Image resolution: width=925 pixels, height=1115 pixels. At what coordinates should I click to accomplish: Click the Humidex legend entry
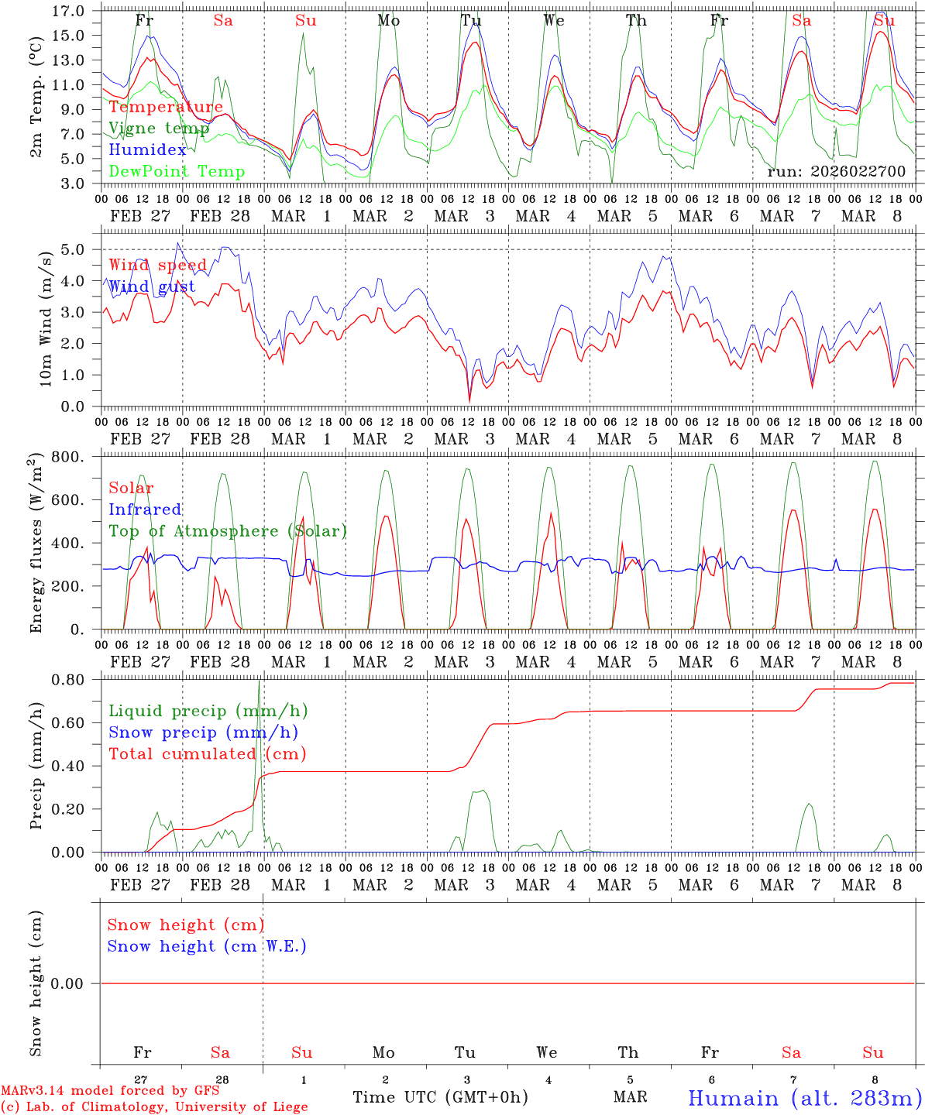pos(147,150)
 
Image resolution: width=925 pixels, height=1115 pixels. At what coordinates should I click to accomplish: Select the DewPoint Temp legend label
pos(177,172)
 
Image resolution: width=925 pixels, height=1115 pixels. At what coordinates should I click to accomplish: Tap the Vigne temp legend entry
pos(159,129)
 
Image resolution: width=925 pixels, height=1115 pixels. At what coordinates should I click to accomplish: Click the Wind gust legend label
pos(152,287)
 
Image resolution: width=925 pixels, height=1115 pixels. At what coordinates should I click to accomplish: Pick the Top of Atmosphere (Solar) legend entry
pos(228,531)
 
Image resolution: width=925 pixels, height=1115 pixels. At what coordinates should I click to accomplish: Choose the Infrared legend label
pos(145,509)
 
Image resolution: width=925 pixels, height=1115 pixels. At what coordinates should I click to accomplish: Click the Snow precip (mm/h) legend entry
pos(203,732)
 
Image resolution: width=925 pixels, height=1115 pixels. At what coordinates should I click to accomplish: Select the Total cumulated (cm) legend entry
pos(207,754)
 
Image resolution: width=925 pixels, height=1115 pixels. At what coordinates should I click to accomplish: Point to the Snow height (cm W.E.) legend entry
pos(207,946)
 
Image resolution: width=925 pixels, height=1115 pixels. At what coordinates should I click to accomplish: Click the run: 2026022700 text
pos(836,172)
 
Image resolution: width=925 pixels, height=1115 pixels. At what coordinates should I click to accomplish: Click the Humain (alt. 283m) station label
pos(805,1098)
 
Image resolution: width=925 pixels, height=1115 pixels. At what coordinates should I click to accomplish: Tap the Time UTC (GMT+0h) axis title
pos(440,1097)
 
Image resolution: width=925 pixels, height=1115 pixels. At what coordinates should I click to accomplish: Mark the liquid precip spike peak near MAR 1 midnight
pos(259,681)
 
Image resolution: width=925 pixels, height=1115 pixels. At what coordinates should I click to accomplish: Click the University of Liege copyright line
pos(154,1107)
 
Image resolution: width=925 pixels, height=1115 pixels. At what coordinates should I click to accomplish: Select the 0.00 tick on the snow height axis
pos(76,983)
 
